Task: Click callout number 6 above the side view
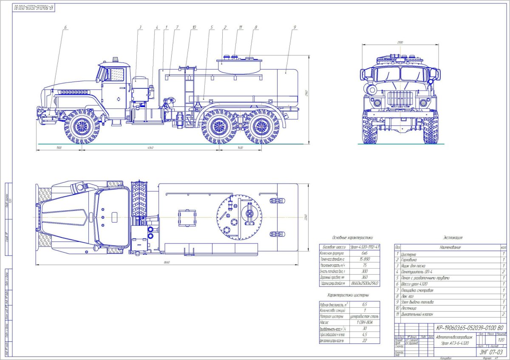coord(65,27)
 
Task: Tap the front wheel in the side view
coord(82,126)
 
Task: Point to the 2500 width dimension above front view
coord(400,43)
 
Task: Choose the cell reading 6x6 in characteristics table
coord(364,252)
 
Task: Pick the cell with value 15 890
coord(364,258)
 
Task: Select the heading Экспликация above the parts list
coord(454,238)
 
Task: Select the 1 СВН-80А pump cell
coord(364,323)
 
